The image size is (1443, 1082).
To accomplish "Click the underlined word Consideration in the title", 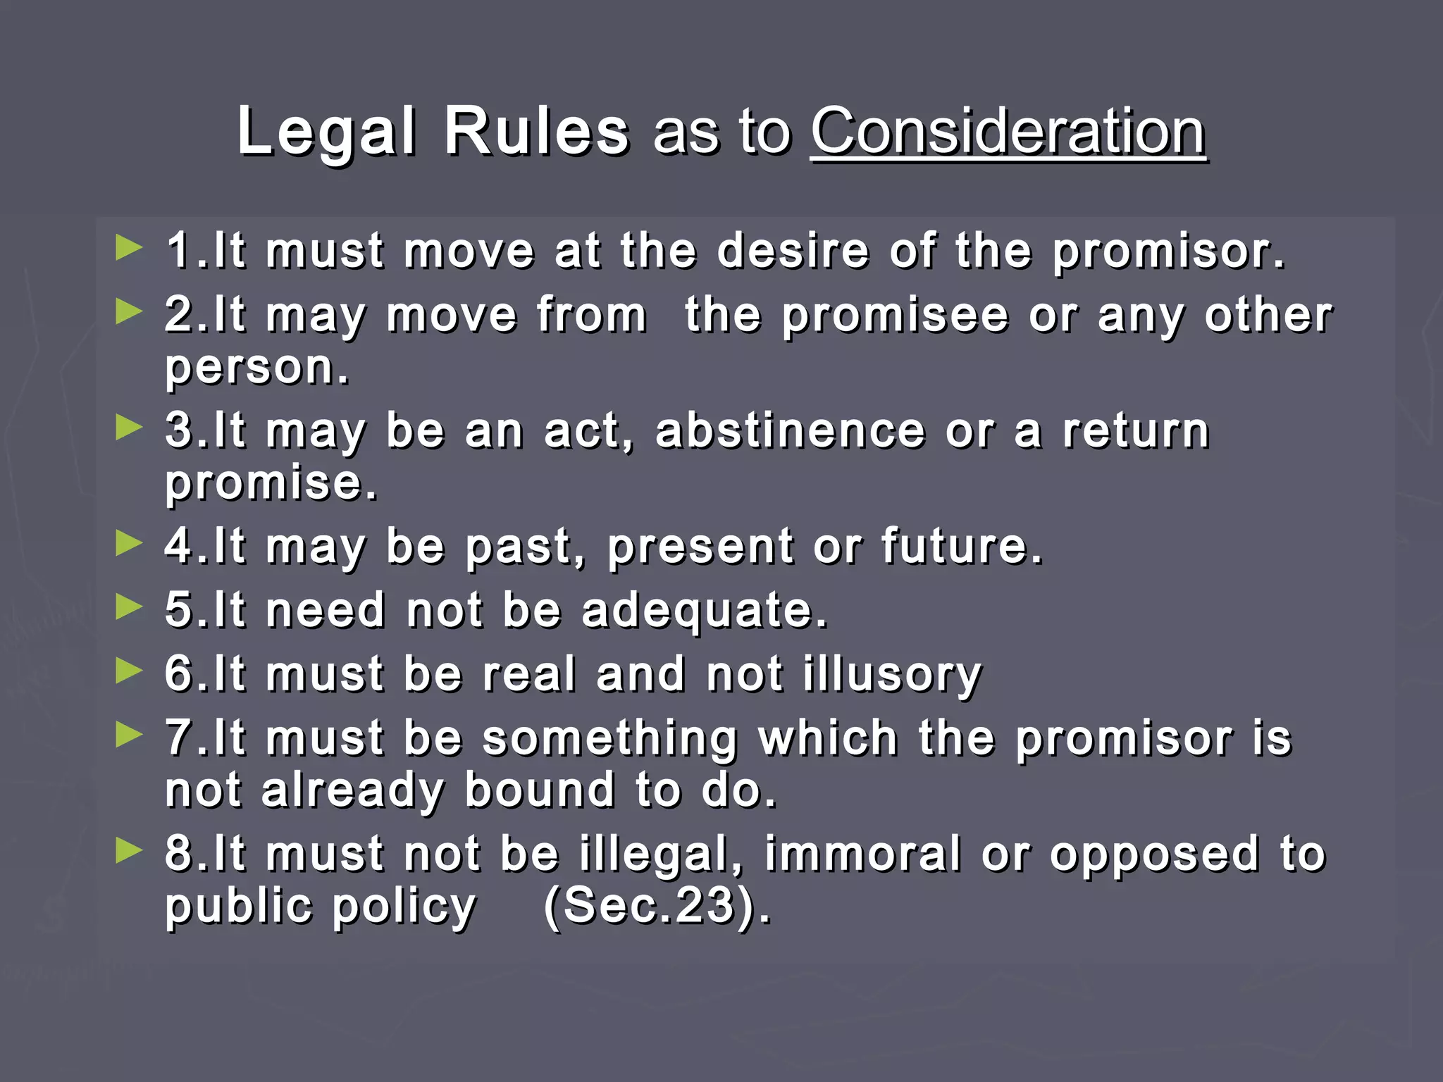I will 1008,132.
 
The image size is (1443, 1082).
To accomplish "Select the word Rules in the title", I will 536,132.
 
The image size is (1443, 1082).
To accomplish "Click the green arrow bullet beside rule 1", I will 129,247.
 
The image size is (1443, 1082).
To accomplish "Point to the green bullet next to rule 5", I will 129,607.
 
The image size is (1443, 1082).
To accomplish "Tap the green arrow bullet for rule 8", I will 129,850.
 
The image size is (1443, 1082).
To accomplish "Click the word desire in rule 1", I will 793,251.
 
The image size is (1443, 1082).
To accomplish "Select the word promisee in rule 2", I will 896,315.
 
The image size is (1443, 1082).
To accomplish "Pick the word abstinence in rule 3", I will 790,430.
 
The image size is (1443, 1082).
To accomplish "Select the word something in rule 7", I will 610,738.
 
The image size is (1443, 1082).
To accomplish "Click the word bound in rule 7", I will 540,790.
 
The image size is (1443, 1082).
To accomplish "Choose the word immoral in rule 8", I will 864,854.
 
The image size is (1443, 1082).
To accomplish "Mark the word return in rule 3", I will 1136,430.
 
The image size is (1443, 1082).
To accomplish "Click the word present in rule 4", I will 700,547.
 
